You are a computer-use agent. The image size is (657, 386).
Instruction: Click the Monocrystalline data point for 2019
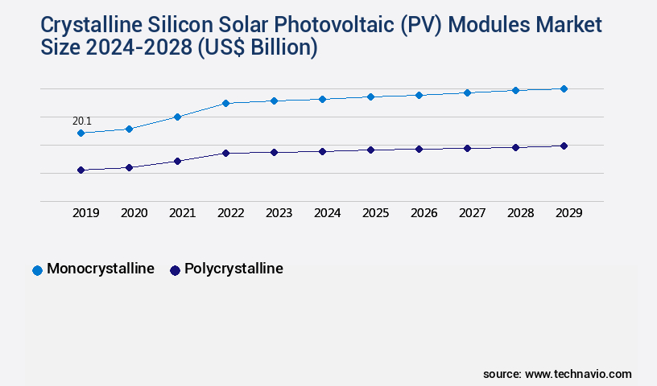(x=81, y=133)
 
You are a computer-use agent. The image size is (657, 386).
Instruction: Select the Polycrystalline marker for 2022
(x=225, y=153)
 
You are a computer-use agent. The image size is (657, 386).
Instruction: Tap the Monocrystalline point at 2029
(x=564, y=88)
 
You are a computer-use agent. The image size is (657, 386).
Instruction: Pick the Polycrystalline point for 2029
(x=564, y=146)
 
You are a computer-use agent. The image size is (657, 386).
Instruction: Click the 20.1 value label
(x=82, y=121)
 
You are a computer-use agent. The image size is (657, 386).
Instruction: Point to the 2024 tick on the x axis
(x=327, y=213)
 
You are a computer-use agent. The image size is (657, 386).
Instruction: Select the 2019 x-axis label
(x=85, y=213)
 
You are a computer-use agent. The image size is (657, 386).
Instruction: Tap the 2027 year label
(x=472, y=213)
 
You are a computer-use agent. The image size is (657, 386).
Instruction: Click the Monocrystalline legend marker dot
(x=37, y=270)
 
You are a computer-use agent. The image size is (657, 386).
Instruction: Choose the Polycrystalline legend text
(x=233, y=269)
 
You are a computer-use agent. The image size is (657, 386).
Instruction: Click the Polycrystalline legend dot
(x=175, y=270)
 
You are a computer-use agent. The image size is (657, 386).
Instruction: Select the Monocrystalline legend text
(x=101, y=269)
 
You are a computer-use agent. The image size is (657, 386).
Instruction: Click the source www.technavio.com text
(x=557, y=374)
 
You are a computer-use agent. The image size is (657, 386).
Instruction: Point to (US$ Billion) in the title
(x=256, y=48)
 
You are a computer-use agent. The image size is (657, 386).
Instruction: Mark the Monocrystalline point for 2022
(x=225, y=103)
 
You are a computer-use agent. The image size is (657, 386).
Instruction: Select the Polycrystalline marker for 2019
(x=81, y=170)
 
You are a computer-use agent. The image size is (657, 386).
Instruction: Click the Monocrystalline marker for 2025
(x=370, y=96)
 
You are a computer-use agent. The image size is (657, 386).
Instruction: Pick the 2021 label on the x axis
(x=182, y=213)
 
